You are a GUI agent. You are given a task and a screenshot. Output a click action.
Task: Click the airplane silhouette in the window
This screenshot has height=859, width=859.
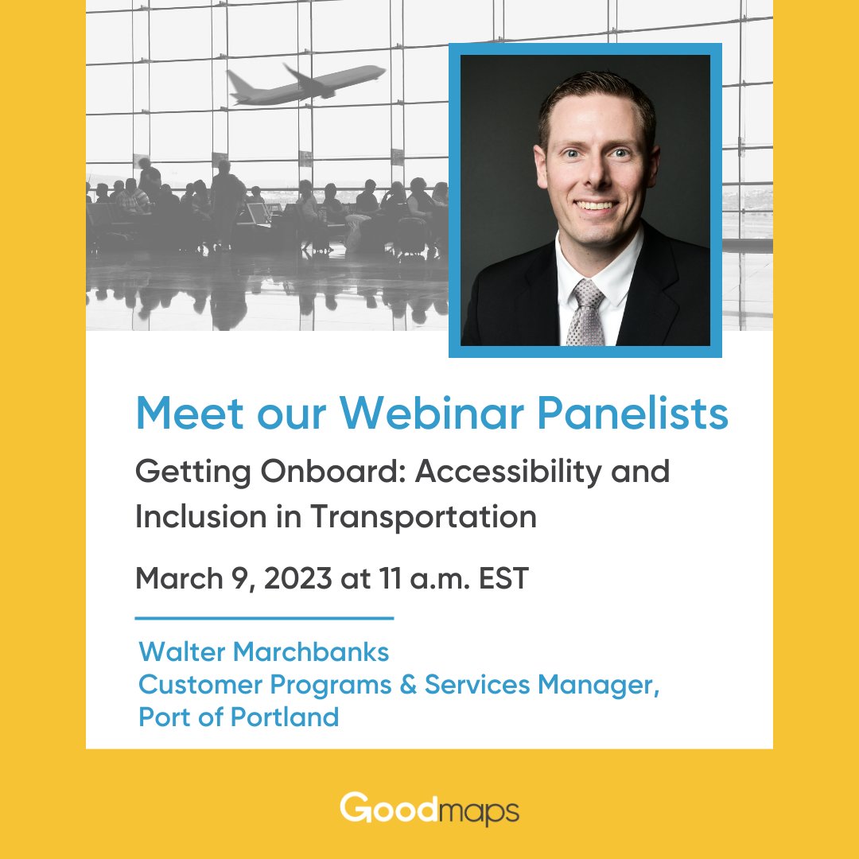[x=306, y=84]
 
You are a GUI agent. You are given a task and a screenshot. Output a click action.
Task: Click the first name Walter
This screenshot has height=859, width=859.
[x=185, y=652]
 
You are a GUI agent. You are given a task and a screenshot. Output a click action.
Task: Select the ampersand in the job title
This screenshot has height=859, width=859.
[x=409, y=685]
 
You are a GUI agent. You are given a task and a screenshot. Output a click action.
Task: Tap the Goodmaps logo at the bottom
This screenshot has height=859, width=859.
[x=429, y=810]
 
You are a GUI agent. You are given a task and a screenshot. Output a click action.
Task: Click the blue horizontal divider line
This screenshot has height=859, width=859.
[x=264, y=617]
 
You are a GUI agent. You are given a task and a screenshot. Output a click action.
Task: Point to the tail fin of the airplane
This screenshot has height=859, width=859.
[x=235, y=80]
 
